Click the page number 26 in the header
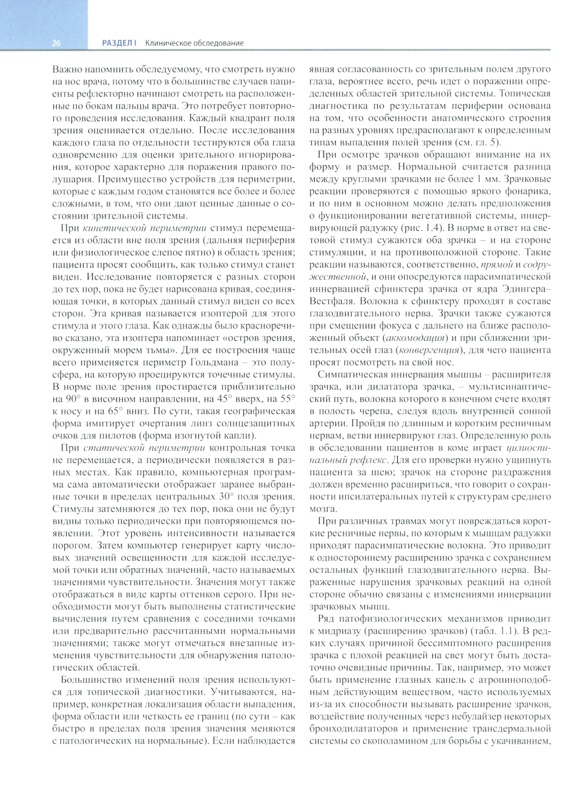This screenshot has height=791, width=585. [56, 43]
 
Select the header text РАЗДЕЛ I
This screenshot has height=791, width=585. [119, 43]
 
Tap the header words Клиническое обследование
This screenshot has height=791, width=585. [194, 43]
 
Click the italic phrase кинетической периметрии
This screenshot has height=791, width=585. [144, 228]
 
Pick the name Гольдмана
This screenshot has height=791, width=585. [218, 362]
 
